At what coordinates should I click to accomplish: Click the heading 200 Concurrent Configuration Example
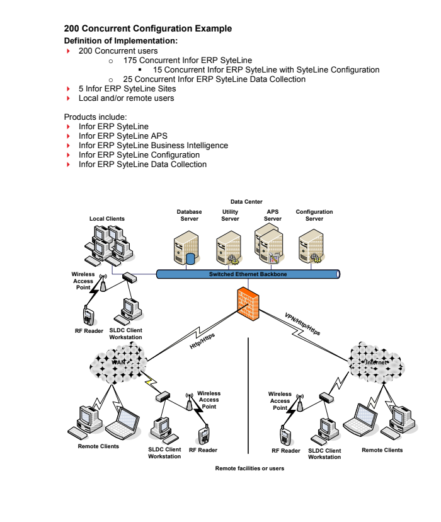coord(148,28)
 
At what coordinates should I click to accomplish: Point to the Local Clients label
coord(106,219)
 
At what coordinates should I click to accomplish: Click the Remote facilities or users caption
coord(249,468)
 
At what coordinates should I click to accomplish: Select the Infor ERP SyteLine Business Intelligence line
coord(153,145)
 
